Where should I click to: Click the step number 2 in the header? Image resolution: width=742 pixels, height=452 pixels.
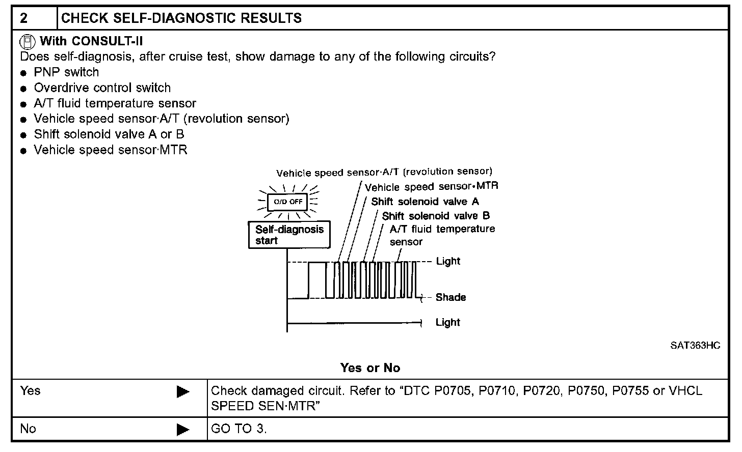click(23, 18)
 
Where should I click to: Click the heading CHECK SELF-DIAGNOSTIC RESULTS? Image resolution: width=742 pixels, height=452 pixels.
click(181, 18)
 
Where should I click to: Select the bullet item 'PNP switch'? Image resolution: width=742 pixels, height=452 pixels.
click(66, 72)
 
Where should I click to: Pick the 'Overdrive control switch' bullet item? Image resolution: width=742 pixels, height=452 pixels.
click(102, 88)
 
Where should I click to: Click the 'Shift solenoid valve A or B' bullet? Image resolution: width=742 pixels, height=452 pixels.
click(109, 134)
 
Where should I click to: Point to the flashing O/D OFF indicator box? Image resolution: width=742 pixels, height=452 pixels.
click(288, 202)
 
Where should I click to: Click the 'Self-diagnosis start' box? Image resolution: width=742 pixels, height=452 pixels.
click(289, 235)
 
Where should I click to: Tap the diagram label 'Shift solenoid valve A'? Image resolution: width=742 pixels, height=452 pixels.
click(425, 202)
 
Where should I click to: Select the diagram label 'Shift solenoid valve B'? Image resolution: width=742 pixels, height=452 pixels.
click(436, 216)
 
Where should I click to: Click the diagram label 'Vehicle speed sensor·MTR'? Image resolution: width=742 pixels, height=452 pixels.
click(432, 187)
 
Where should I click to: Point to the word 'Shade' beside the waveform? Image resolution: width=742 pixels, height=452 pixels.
click(450, 297)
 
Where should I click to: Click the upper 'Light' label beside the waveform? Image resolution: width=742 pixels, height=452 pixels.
click(448, 261)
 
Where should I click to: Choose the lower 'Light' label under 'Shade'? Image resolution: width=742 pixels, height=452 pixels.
click(447, 322)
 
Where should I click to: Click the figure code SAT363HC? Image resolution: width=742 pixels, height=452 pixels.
click(695, 346)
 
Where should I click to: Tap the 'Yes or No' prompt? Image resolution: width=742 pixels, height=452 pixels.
click(370, 368)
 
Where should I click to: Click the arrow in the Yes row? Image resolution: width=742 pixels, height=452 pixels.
click(183, 392)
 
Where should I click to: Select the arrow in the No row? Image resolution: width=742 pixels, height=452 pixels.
click(183, 430)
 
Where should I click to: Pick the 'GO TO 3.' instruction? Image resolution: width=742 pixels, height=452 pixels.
click(238, 429)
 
